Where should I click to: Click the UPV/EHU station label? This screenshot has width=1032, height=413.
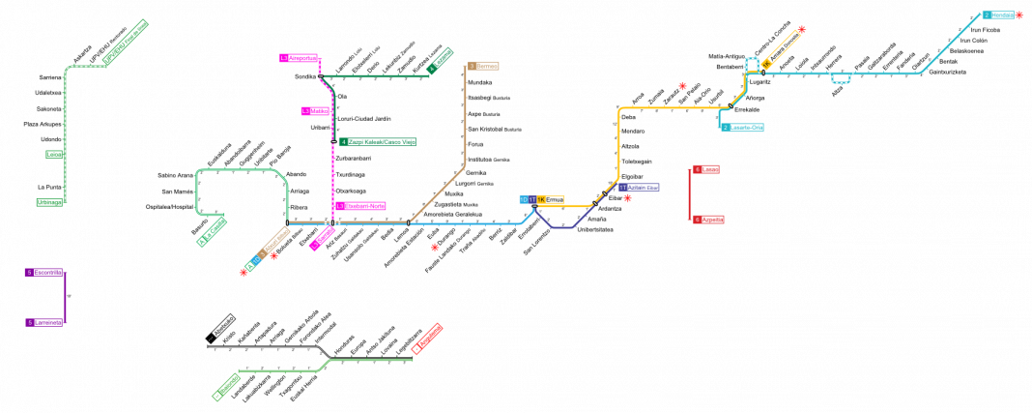click(126, 42)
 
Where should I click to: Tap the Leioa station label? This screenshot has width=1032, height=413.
click(54, 155)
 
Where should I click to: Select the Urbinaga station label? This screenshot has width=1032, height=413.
click(49, 202)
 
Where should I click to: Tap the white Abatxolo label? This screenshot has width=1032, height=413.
click(223, 326)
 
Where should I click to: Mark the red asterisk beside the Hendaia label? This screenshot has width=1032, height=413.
click(1019, 15)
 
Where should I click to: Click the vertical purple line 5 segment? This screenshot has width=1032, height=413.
click(65, 298)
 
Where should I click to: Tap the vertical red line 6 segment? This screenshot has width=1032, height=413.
click(689, 194)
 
